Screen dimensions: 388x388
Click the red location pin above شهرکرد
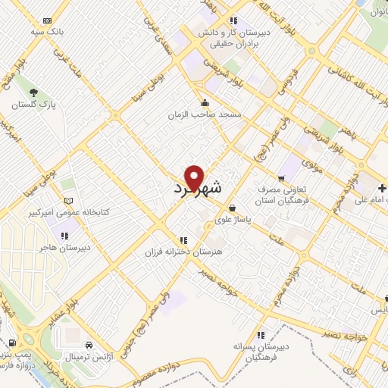196,177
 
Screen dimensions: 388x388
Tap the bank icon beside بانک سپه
48,20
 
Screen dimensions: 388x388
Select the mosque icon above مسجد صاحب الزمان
204,103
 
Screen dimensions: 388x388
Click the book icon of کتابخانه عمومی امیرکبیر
70,201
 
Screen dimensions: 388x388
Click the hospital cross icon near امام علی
383,187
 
